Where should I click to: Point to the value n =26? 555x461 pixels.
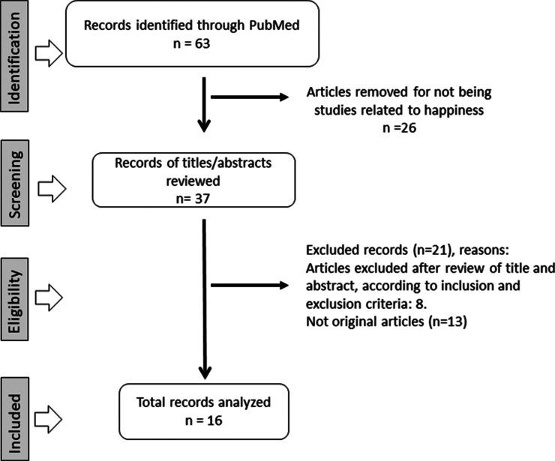[399, 127]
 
